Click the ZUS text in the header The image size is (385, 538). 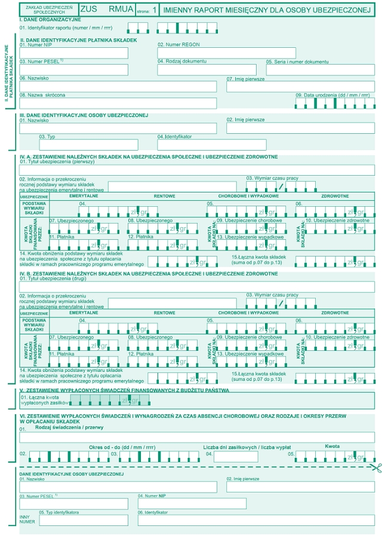87,10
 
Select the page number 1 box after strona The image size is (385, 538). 155,10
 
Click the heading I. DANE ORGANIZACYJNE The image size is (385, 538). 50,19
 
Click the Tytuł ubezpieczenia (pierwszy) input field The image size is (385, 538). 196,170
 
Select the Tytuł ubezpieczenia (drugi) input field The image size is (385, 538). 196,286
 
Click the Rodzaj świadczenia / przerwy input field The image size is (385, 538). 196,437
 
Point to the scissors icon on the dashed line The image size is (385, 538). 375,467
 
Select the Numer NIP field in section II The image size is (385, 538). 73,53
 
